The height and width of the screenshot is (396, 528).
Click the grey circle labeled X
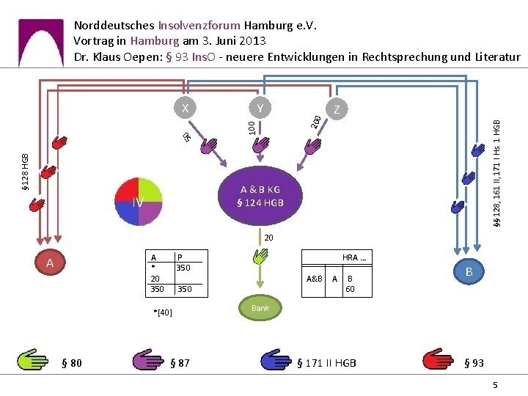[185, 108]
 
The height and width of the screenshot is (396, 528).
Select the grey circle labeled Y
[260, 108]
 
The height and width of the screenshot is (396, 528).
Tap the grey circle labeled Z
[337, 109]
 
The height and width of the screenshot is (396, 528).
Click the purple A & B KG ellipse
[260, 196]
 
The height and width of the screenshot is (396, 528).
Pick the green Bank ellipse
[260, 308]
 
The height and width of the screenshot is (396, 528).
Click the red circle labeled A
[50, 263]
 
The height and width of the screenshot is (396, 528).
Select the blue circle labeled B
[469, 271]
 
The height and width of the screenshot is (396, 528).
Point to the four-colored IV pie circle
[139, 202]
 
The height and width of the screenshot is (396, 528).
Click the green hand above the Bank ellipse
[260, 256]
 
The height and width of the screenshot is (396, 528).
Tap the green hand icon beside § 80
[33, 359]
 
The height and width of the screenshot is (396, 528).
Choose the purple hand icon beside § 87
[148, 359]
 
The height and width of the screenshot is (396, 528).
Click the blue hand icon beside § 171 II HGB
[276, 359]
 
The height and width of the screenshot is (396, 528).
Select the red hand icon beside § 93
[438, 359]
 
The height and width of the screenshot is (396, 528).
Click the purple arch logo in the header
[41, 43]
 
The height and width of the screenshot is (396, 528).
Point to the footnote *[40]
[163, 312]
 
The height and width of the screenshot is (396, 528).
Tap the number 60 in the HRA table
[350, 289]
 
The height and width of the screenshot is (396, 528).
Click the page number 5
[495, 385]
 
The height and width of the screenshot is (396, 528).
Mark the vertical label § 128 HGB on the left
[25, 172]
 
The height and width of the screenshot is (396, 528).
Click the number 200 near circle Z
[316, 122]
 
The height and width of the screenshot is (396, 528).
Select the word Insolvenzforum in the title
[199, 25]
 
